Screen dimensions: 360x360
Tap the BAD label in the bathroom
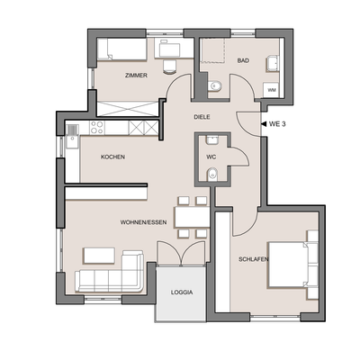pos(243,61)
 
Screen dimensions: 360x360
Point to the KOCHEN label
pos(112,157)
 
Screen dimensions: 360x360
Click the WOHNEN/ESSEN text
pos(142,221)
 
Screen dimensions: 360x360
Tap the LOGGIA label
pos(182,292)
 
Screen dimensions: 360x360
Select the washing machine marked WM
pos(271,90)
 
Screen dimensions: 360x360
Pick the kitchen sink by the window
pos(71,140)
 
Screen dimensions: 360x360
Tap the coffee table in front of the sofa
pos(98,256)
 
